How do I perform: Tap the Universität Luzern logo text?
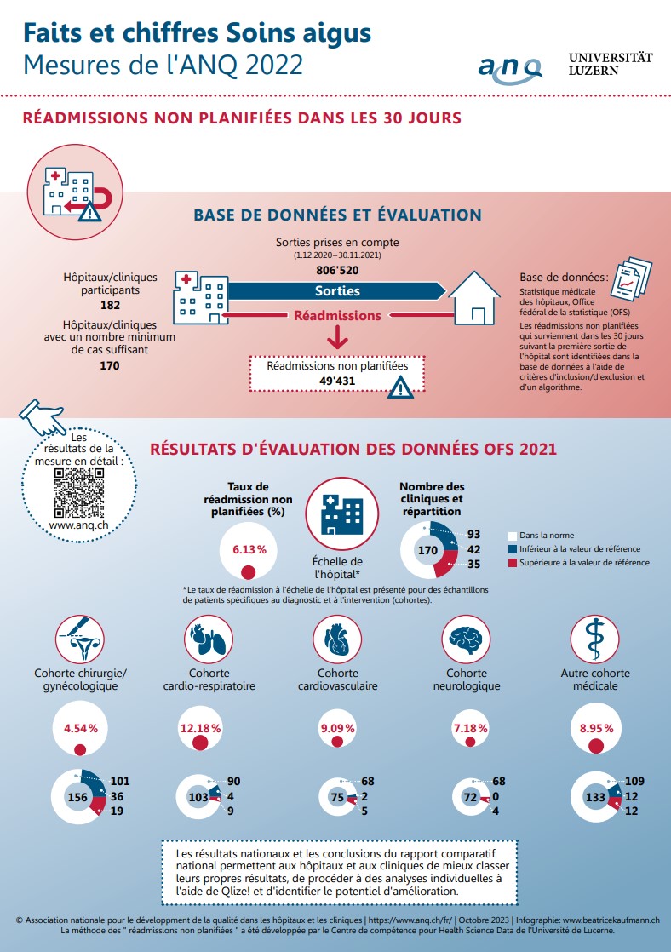coord(611,64)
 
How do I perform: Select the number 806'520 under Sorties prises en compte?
coord(337,270)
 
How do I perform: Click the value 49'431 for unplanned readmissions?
coord(337,381)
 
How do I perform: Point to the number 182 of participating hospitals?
coord(110,305)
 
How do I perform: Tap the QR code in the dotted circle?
coord(79,493)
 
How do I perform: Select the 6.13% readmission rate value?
coord(249,549)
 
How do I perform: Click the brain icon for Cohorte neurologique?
coord(466,639)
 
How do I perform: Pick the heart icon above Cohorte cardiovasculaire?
coord(337,639)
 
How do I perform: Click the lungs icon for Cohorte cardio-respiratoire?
coord(209,639)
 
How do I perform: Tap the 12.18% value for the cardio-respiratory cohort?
coord(200,728)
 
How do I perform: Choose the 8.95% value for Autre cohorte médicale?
coord(596,728)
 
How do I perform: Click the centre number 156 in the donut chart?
coord(77,797)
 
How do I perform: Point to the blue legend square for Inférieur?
coord(513,549)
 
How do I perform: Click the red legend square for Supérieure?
coord(513,563)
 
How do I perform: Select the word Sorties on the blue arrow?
coord(337,291)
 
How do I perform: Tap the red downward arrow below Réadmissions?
coord(337,337)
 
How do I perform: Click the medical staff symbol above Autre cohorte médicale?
coord(595,639)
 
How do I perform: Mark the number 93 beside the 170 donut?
coord(473,534)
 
